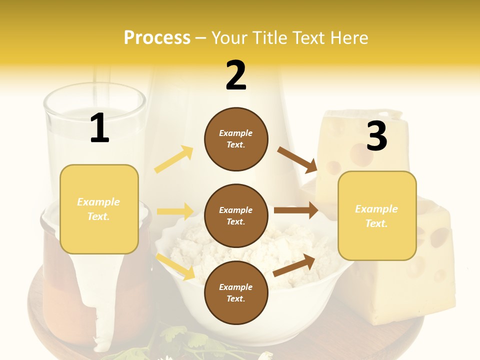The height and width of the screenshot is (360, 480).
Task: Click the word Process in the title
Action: coord(157,37)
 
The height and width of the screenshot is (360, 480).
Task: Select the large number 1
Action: coord(99,128)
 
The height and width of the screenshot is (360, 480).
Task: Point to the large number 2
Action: coord(236,75)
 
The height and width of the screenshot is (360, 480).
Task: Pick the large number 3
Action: coord(376,136)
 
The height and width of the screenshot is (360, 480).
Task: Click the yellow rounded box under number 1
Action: coord(99,209)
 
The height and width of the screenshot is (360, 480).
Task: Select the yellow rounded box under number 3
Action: coord(377,216)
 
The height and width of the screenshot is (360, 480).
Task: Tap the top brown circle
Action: coord(236,139)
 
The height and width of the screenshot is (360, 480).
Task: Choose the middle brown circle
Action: coord(236,215)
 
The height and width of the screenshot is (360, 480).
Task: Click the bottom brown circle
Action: coord(236,292)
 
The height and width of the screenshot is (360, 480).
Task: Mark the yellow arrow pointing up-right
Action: coord(174,159)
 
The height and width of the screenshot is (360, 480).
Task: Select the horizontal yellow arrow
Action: coord(175,211)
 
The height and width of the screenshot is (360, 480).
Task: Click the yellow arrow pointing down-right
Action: coord(176,266)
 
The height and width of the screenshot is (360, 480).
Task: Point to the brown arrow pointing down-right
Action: coord(298,159)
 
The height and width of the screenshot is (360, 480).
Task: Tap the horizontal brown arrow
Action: coord(296,210)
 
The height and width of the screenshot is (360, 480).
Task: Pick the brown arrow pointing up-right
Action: coord(294,265)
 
